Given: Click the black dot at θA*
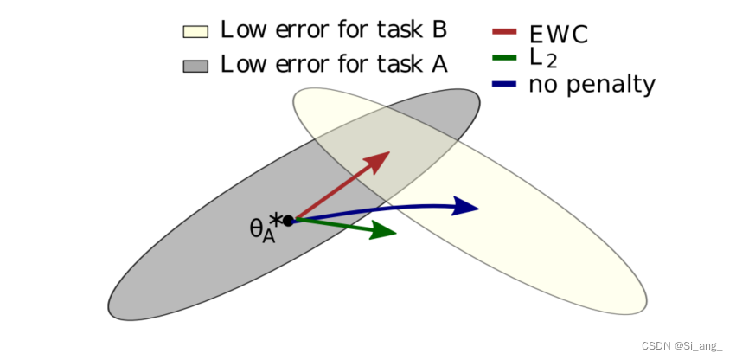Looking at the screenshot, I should click(x=288, y=221).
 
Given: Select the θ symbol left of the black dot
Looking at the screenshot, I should click(x=257, y=228).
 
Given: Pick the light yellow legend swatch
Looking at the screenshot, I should click(x=195, y=32).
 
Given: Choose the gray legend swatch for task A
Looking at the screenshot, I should click(x=195, y=66).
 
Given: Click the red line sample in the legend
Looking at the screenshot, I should click(x=504, y=32).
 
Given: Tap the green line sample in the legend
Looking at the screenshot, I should click(x=504, y=58).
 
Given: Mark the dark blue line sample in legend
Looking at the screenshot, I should click(x=504, y=84).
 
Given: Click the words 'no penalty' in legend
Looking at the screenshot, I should click(x=592, y=85).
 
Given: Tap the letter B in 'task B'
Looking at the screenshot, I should click(x=438, y=29).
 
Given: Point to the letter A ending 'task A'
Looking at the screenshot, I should click(x=438, y=64).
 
